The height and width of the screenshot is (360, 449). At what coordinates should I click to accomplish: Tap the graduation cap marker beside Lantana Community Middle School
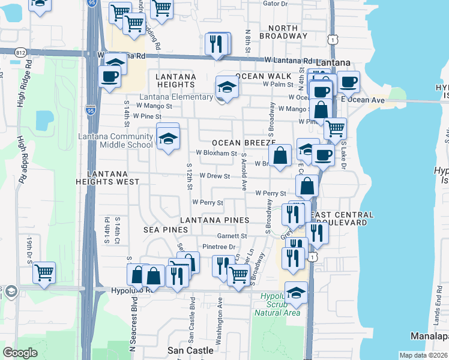point(168,137)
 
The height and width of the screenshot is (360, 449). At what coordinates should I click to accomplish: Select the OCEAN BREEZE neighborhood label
point(243,143)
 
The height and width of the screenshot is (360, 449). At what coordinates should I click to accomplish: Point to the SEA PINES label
point(166,230)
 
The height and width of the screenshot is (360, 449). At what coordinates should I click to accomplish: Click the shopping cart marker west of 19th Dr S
point(44,272)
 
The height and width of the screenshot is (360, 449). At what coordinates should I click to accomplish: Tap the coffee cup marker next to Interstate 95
point(110,76)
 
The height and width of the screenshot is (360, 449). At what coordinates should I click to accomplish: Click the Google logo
point(20,353)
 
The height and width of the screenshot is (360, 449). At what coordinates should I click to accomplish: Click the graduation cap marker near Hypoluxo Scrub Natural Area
point(296,293)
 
